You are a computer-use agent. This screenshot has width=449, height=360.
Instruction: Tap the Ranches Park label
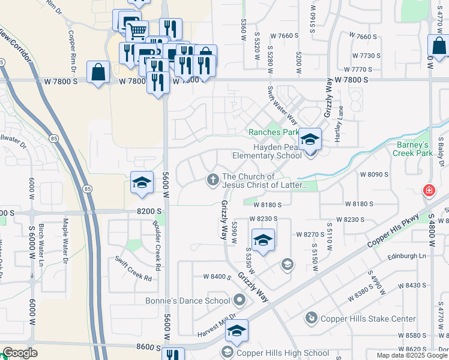tap(274, 132)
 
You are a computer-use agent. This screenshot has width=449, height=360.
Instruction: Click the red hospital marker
tap(429, 191)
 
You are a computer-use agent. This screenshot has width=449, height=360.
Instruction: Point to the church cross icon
tap(212, 179)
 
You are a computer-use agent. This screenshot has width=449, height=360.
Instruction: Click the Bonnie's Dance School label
tap(187, 301)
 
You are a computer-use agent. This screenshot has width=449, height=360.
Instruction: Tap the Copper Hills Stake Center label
tap(368, 319)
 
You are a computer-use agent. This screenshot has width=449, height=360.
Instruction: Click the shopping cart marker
tap(137, 30)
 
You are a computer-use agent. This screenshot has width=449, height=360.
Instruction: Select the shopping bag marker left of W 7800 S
tap(98, 73)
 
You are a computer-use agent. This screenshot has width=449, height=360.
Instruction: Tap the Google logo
tap(20, 353)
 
